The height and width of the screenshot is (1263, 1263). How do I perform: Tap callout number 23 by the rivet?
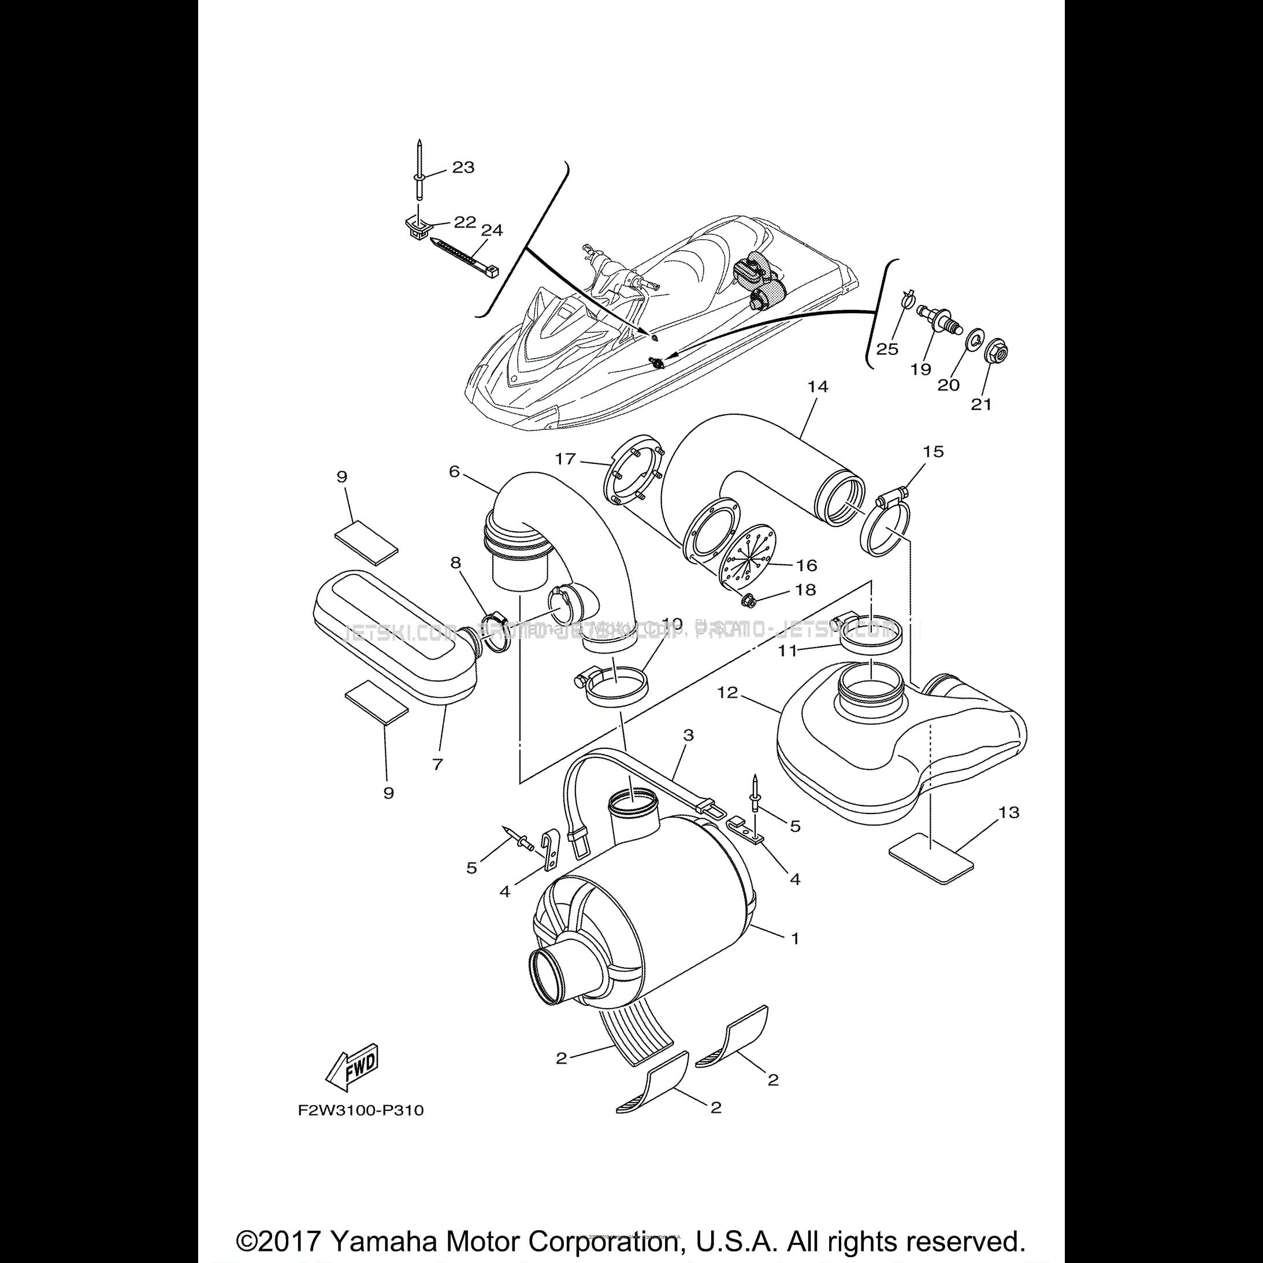[x=463, y=168]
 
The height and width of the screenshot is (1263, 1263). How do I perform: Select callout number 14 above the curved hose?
[x=817, y=387]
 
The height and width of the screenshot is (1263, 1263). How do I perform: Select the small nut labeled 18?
[x=751, y=597]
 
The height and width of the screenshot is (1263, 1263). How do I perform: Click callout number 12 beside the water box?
[x=727, y=692]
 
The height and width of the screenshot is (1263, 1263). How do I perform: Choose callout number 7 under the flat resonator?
[x=437, y=764]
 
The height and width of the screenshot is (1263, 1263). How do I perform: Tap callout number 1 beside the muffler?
[x=795, y=939]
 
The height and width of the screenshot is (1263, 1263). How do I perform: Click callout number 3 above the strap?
[x=688, y=735]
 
